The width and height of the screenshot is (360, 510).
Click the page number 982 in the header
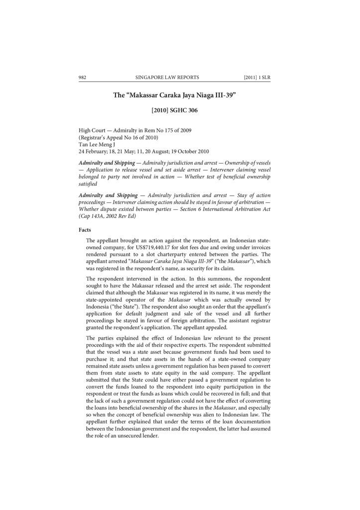83,77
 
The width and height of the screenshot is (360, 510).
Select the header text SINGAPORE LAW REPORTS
167,77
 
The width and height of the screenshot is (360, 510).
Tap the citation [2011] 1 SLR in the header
257,77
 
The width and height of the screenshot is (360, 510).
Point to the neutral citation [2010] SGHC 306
174,111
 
